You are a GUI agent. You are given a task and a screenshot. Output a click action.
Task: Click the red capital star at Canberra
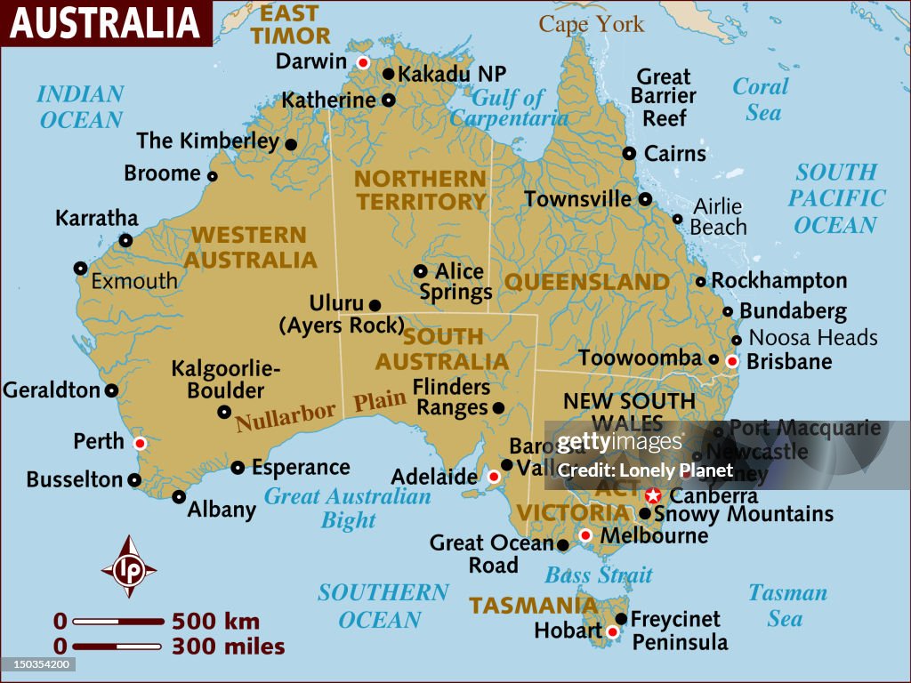click(654, 495)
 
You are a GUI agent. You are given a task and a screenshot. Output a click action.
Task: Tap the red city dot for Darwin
click(363, 62)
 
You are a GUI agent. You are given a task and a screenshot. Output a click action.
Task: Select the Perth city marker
click(139, 443)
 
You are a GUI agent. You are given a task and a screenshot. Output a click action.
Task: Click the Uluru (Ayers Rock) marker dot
click(375, 304)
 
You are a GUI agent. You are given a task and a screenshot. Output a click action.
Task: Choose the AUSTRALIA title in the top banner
click(104, 23)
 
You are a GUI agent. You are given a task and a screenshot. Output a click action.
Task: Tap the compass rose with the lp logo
click(129, 566)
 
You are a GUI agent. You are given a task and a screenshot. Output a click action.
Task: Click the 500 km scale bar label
click(215, 621)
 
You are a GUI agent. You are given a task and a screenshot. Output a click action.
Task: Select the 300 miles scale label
click(228, 647)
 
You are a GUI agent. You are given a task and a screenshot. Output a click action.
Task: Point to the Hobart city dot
click(612, 632)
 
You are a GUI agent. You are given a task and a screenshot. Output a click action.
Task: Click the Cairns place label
click(674, 154)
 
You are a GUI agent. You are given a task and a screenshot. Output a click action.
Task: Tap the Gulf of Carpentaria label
click(508, 108)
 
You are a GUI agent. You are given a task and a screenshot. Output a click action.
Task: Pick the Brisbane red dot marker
click(732, 361)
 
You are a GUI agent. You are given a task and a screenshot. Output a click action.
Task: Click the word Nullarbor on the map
click(286, 416)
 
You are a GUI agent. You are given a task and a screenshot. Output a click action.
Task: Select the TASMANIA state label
click(533, 606)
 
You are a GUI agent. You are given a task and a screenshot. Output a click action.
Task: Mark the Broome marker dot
click(212, 176)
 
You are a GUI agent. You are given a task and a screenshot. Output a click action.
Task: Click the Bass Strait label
click(598, 575)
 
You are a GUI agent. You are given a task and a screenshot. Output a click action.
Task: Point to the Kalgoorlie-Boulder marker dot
click(224, 412)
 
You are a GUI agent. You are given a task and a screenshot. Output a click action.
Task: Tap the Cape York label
click(591, 24)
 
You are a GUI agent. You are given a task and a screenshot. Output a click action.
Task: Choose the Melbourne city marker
click(585, 535)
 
